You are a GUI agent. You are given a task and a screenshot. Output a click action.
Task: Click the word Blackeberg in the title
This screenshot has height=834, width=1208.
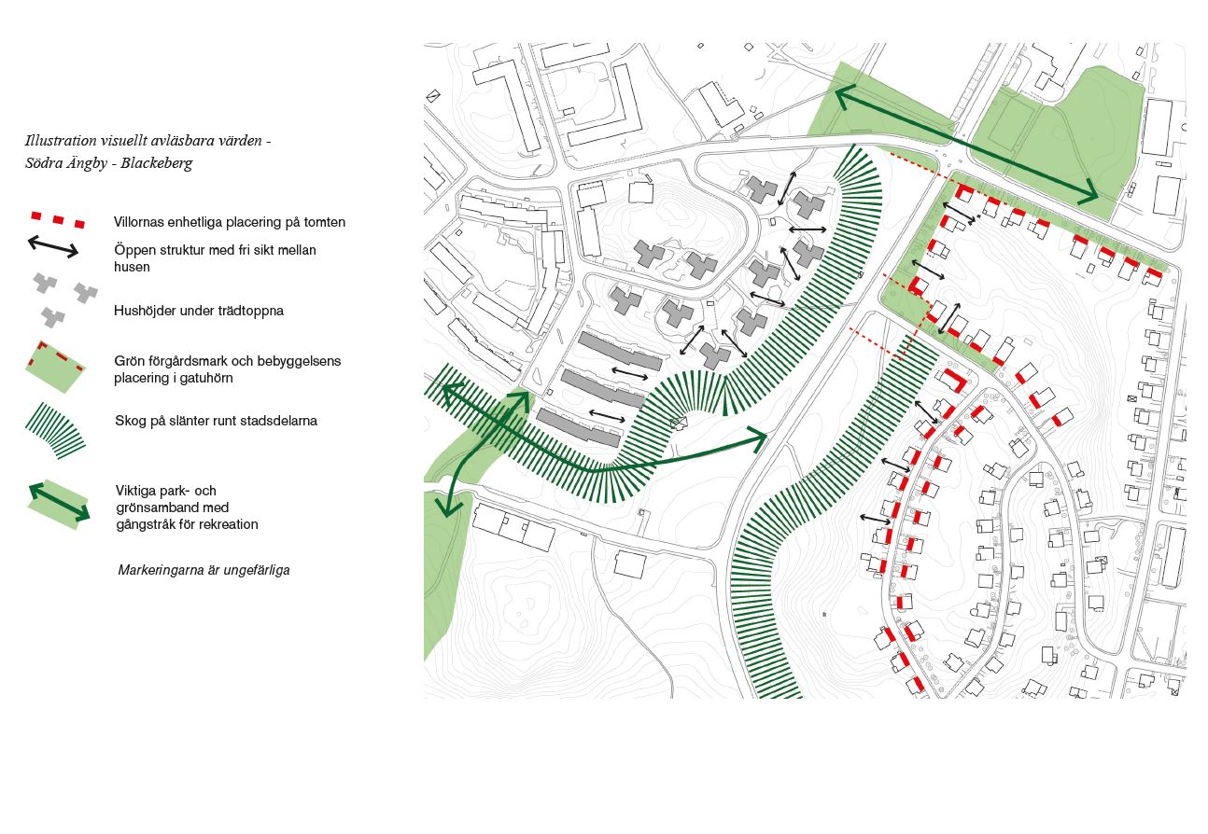[x=157, y=164]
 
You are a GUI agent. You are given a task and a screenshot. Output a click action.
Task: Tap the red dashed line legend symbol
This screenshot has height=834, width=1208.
[x=58, y=220]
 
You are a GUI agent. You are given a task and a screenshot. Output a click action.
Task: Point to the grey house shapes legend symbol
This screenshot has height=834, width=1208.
[x=64, y=299]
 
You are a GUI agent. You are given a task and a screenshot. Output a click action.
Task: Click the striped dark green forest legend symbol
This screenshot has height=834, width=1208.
[x=55, y=430]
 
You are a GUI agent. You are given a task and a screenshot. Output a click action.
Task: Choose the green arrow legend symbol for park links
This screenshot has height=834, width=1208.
[x=59, y=504]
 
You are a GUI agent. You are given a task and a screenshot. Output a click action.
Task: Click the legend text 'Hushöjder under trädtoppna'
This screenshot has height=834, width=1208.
[x=199, y=311]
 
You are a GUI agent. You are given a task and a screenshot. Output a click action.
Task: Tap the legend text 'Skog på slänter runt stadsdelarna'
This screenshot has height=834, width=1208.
[x=216, y=421]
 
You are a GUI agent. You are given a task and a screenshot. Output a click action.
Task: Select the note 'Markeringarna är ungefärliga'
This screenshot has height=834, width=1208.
[x=204, y=570]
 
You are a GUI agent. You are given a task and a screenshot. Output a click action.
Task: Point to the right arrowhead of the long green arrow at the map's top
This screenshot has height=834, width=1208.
[x=1089, y=194]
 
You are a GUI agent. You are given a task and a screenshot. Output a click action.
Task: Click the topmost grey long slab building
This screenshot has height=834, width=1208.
[x=620, y=352]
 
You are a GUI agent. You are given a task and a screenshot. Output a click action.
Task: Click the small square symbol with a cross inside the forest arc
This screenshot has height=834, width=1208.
[x=679, y=423]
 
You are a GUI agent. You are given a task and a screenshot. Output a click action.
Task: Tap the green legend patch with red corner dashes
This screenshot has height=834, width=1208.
[x=55, y=367]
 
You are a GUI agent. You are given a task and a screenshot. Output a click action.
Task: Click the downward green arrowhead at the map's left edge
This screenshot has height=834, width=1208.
[x=449, y=508]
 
